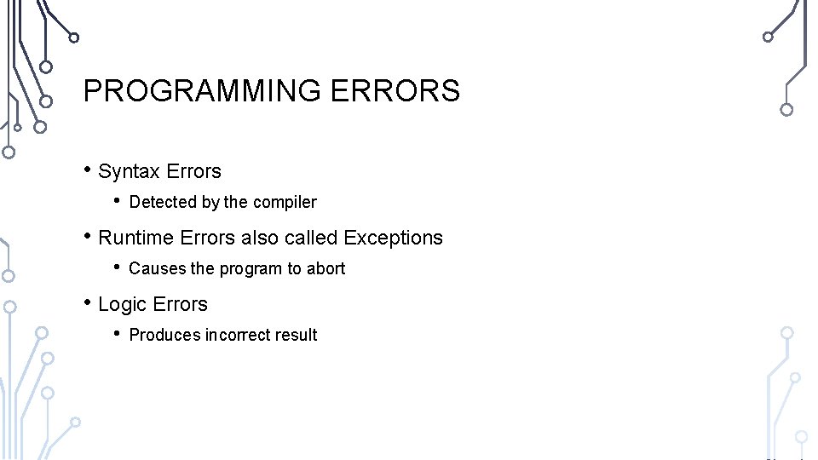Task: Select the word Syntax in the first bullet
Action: click(130, 172)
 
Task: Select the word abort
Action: click(326, 269)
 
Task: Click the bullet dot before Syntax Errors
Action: click(88, 170)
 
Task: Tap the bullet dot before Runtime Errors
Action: click(88, 236)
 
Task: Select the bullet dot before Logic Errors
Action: click(88, 302)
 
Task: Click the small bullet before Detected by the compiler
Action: click(118, 200)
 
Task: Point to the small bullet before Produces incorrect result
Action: click(118, 333)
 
